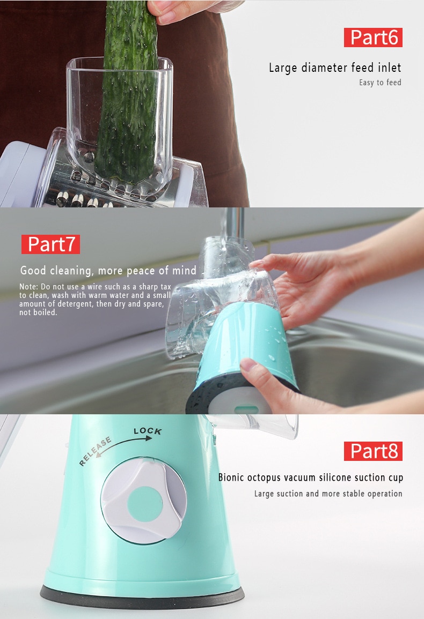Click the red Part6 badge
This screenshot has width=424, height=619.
tap(373, 38)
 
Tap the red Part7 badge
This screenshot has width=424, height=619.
tap(50, 244)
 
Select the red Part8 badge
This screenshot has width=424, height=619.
tap(373, 451)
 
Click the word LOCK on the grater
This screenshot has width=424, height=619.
tap(148, 431)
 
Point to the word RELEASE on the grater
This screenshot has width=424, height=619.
tap(96, 452)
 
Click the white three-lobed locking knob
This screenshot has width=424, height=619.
tap(143, 501)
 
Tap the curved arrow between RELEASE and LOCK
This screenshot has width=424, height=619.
tap(122, 445)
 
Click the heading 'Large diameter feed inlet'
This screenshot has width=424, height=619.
tap(335, 68)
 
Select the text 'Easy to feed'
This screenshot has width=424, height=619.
tap(380, 83)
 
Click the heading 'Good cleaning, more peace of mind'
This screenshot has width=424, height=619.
tap(108, 271)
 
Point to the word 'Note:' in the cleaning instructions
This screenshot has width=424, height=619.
tap(29, 287)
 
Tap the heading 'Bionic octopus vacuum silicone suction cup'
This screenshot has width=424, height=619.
tap(310, 478)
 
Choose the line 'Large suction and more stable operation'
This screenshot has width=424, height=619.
tap(328, 494)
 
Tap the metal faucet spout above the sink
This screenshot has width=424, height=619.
tap(233, 225)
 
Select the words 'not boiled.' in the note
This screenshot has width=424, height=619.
tap(38, 312)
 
